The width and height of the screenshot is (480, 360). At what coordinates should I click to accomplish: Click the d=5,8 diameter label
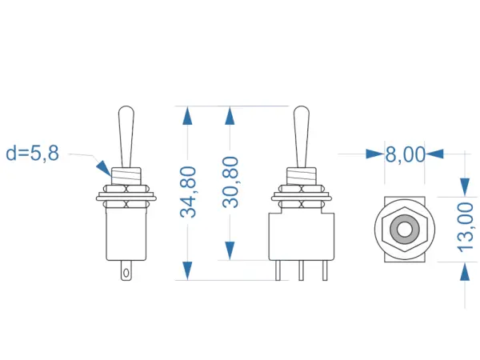click(32, 153)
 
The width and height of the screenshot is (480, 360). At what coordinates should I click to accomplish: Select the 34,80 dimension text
click(188, 192)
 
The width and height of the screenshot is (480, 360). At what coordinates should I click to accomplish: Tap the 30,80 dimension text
click(230, 183)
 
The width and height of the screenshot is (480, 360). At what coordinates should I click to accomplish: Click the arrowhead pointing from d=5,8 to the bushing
click(104, 168)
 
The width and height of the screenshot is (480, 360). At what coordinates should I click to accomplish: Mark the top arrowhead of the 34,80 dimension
click(188, 116)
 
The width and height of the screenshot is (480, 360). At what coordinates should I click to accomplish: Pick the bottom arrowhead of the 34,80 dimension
click(188, 270)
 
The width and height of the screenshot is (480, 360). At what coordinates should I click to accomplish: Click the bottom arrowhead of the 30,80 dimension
click(230, 250)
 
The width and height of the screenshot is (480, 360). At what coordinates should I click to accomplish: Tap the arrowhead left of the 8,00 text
click(374, 154)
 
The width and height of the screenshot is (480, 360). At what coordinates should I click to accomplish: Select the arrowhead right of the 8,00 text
click(435, 154)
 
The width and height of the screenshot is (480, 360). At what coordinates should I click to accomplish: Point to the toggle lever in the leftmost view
click(126, 136)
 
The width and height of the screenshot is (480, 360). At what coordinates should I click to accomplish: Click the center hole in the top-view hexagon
click(404, 230)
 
